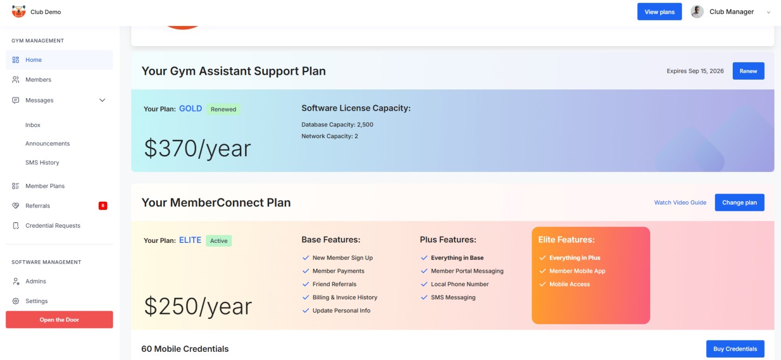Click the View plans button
pyautogui.click(x=660, y=12)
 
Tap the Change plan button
pyautogui.click(x=739, y=202)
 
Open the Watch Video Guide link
pyautogui.click(x=680, y=202)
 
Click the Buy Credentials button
pyautogui.click(x=735, y=349)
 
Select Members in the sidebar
pyautogui.click(x=39, y=80)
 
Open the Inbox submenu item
pyautogui.click(x=33, y=125)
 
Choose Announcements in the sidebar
pyautogui.click(x=47, y=144)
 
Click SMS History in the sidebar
pyautogui.click(x=42, y=163)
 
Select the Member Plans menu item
pyautogui.click(x=45, y=186)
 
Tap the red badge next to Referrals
pyautogui.click(x=103, y=205)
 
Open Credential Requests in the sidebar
pyautogui.click(x=53, y=226)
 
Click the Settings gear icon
pyautogui.click(x=16, y=301)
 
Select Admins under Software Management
pyautogui.click(x=36, y=281)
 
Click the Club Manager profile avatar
pyautogui.click(x=697, y=12)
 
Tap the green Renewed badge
pyautogui.click(x=223, y=109)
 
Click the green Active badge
pyautogui.click(x=219, y=241)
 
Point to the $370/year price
pyautogui.click(x=197, y=149)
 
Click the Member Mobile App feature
pyautogui.click(x=577, y=271)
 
